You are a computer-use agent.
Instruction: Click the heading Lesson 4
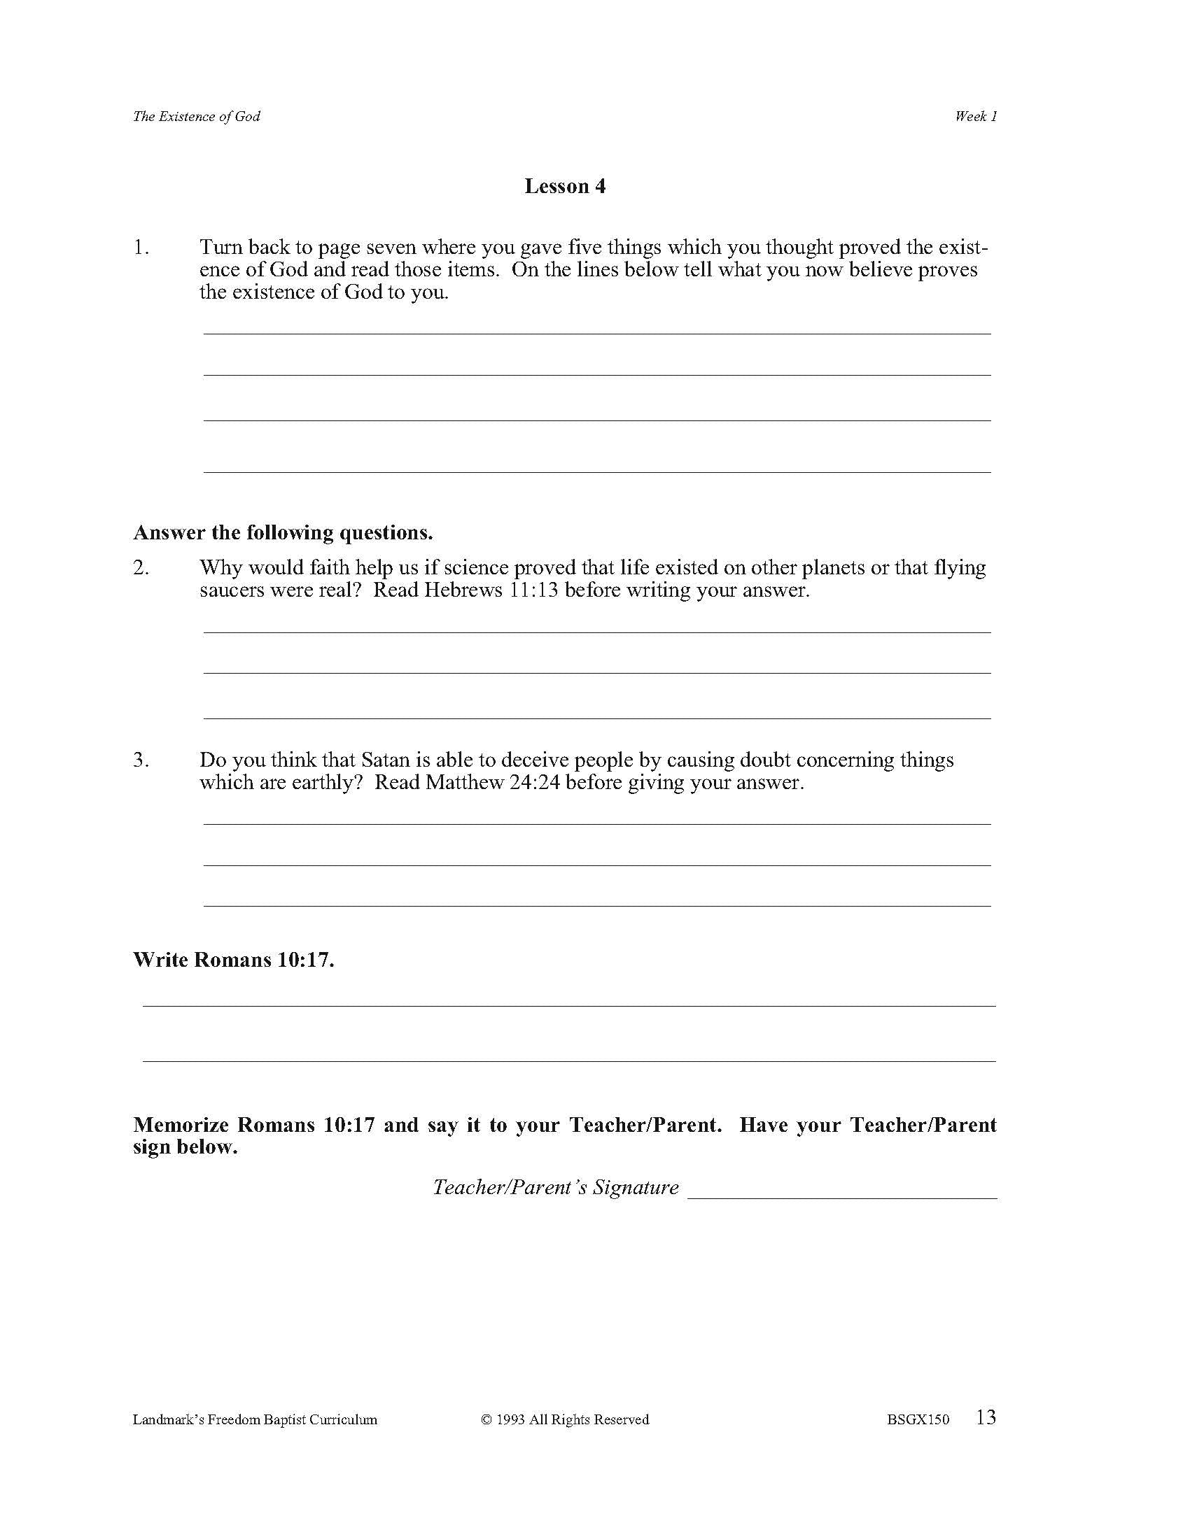[565, 186]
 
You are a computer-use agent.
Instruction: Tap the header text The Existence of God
[196, 116]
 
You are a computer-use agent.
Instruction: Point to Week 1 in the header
[976, 116]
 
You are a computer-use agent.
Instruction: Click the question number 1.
[141, 248]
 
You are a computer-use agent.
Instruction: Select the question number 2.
[141, 567]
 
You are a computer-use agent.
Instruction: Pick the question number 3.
[141, 760]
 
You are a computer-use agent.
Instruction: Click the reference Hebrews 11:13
[491, 590]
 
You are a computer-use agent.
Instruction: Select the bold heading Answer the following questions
[283, 532]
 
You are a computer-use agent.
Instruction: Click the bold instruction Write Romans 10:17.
[233, 960]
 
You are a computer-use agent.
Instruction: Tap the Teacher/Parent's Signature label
[556, 1187]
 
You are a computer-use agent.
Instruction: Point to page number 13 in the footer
[986, 1417]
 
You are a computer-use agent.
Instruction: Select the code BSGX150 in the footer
[918, 1419]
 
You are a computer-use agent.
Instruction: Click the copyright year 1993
[510, 1419]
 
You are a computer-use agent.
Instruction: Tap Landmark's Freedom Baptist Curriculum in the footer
[255, 1419]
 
